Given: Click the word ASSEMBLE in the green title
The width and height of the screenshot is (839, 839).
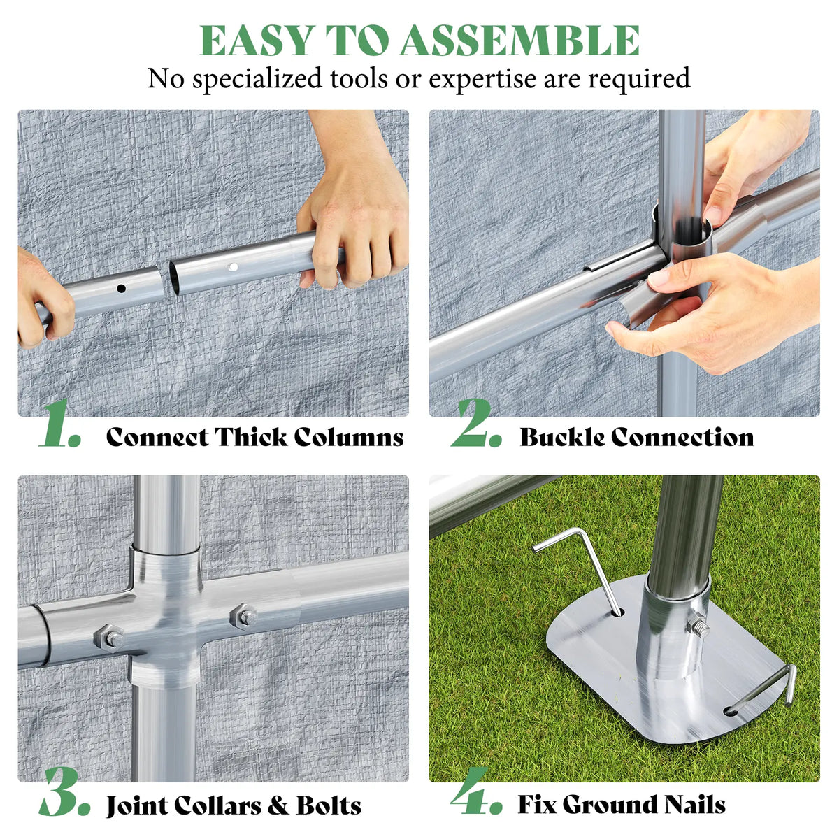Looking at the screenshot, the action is pos(520,40).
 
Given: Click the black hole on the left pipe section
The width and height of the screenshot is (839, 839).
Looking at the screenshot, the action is pos(122,288).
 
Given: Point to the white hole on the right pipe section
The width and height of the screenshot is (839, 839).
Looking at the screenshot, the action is pos(234,267).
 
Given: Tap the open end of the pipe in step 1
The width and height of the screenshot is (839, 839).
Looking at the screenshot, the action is pos(174,278).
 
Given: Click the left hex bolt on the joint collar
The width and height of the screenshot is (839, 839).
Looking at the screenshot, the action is pos(109,638).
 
